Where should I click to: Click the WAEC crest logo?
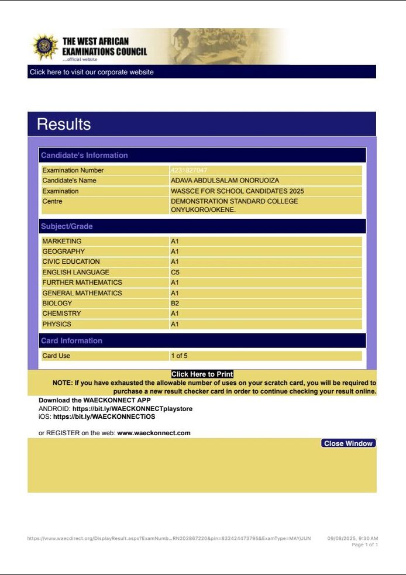44,47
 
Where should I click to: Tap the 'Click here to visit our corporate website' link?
92,72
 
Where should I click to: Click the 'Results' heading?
64,124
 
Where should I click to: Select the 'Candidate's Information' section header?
84,155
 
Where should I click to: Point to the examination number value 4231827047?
189,170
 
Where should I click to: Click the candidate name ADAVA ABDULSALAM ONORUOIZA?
225,181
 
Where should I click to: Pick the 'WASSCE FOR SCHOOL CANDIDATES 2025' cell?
237,191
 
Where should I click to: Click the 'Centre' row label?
52,202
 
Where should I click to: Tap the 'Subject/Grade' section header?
67,226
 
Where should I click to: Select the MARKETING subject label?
62,242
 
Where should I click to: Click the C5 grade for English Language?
175,273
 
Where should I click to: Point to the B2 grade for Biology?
175,304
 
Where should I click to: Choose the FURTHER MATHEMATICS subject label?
82,283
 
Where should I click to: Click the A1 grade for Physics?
175,325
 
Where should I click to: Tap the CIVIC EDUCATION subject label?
71,262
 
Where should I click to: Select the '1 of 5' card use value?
179,356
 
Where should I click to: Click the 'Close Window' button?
348,443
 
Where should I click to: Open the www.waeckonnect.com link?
154,433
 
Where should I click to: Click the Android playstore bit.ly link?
132,409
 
